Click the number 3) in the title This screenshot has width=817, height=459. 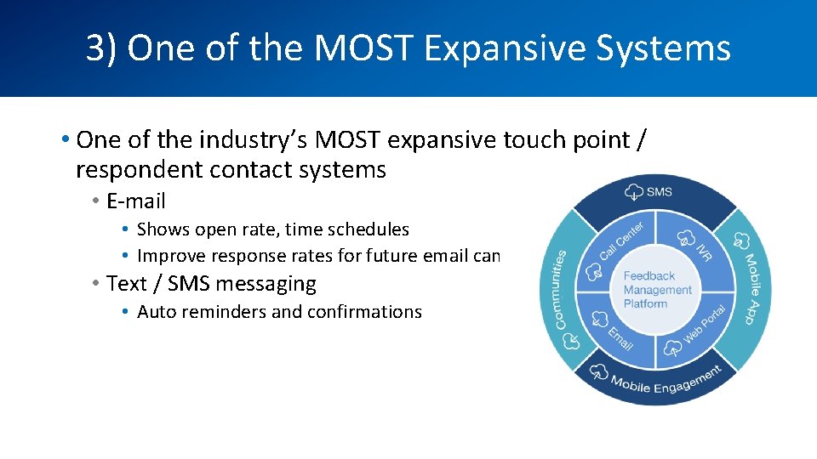[x=101, y=48]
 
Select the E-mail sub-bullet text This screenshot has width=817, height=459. [x=135, y=201]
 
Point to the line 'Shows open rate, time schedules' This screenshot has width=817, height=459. [x=272, y=229]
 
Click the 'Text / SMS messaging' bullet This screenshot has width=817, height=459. [x=211, y=284]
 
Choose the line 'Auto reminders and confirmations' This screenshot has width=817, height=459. [x=279, y=312]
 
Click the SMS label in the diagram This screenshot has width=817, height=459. [x=659, y=192]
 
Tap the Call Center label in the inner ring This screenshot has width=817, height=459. [x=623, y=241]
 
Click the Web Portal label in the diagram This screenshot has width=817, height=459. [x=706, y=324]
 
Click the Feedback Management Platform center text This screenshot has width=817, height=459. [x=657, y=290]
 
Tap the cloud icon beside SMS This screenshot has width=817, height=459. [x=633, y=191]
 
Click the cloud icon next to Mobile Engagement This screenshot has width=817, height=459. [x=598, y=371]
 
